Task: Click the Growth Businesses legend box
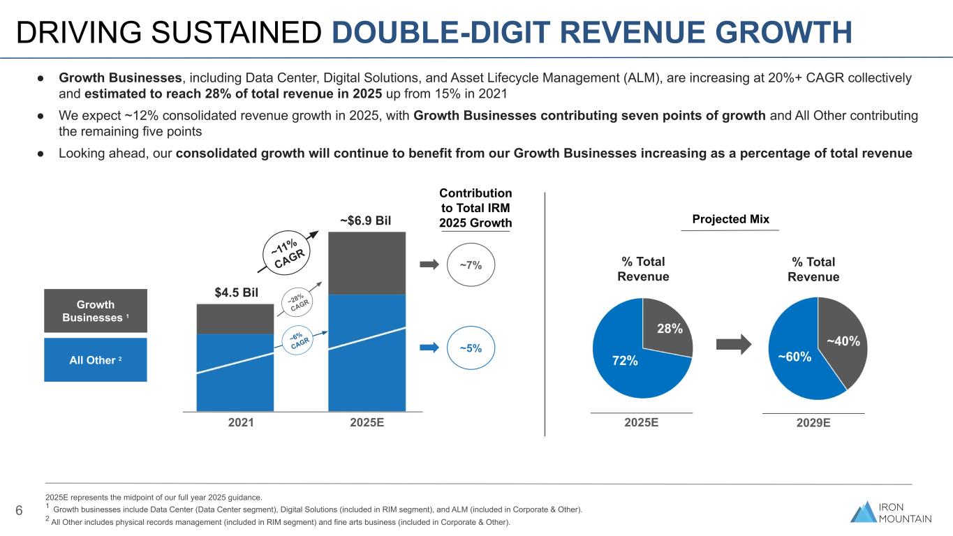pyautogui.click(x=96, y=311)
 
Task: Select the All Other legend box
pyautogui.click(x=96, y=360)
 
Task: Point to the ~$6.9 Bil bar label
pyautogui.click(x=366, y=221)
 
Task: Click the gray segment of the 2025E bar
pyautogui.click(x=367, y=263)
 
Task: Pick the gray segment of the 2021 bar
pyautogui.click(x=235, y=319)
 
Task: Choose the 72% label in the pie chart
pyautogui.click(x=626, y=361)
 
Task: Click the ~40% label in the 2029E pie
pyautogui.click(x=842, y=341)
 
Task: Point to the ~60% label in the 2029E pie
pyautogui.click(x=795, y=357)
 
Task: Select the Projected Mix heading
pyautogui.click(x=730, y=219)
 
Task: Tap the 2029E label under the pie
pyautogui.click(x=813, y=423)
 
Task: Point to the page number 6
pyautogui.click(x=20, y=511)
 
